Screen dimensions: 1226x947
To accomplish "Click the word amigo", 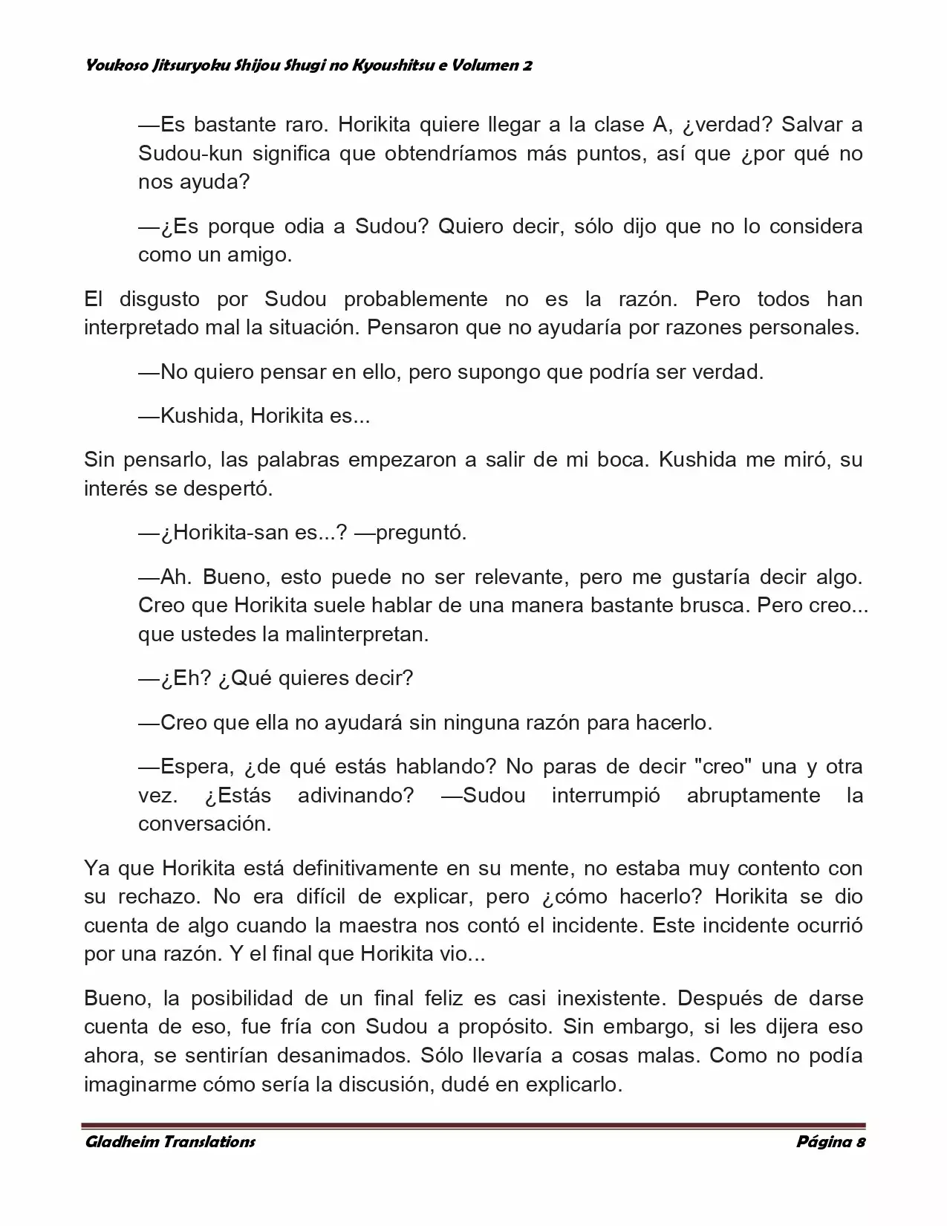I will (x=259, y=255).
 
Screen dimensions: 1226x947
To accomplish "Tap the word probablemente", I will (x=415, y=299).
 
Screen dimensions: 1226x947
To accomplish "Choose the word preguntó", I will (x=421, y=533).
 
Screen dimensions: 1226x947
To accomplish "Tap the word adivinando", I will (x=356, y=795).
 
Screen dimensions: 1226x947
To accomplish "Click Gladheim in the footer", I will (x=120, y=1142).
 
